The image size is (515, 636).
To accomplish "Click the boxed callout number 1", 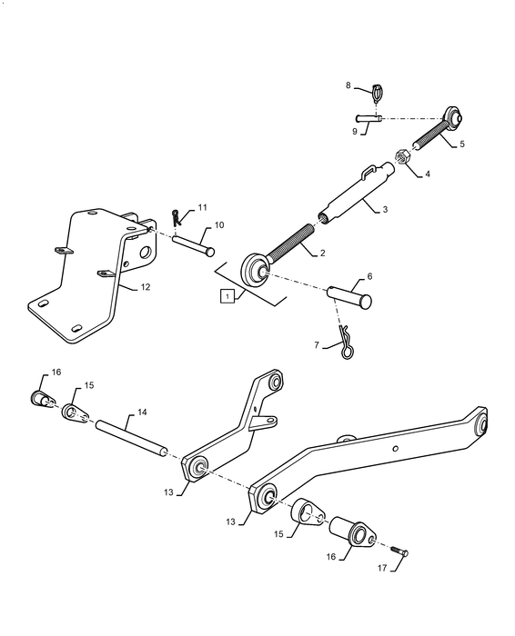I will click(223, 295).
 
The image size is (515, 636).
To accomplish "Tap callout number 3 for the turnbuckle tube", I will click(385, 210).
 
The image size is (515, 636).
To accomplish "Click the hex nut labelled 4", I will click(404, 156).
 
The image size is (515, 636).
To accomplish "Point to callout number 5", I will click(460, 144).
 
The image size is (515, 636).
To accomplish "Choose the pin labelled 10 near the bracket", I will click(193, 243).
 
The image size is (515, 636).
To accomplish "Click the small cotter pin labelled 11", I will click(177, 218).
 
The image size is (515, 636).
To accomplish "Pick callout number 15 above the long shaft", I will click(89, 385).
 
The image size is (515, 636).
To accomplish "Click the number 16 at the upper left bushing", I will click(56, 373).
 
